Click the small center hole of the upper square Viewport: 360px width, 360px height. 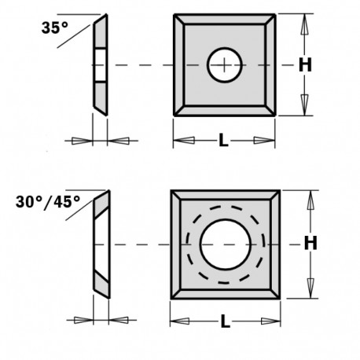(x=225, y=66)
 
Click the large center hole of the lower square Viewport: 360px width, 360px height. (x=224, y=245)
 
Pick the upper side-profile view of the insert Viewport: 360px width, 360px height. (x=101, y=66)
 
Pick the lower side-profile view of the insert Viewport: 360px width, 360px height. (x=99, y=245)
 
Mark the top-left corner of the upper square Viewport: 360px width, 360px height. (x=174, y=13)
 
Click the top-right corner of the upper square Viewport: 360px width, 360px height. (x=276, y=13)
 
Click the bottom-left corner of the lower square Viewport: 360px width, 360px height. (x=171, y=299)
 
